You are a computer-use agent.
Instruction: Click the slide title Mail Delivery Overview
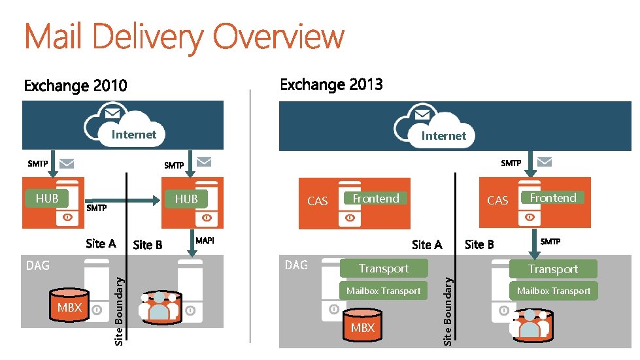(x=184, y=37)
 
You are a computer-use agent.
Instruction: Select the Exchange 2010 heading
(x=75, y=86)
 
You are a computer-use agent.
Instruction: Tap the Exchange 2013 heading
(x=331, y=84)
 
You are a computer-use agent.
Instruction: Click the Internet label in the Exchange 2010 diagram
(x=134, y=135)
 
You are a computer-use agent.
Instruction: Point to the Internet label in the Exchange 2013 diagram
(x=443, y=136)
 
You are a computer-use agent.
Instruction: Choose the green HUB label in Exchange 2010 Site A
(x=47, y=198)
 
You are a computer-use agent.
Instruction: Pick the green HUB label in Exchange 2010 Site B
(x=186, y=199)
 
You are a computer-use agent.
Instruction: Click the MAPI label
(x=205, y=241)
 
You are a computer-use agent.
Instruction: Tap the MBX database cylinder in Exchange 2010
(x=70, y=307)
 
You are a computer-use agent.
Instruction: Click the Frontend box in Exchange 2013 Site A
(x=376, y=198)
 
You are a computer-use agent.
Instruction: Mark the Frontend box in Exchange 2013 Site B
(x=553, y=197)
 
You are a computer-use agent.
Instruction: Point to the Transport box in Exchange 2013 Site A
(x=384, y=269)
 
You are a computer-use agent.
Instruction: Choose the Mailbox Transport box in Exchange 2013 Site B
(x=553, y=291)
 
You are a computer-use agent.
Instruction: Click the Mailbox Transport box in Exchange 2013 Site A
(x=384, y=291)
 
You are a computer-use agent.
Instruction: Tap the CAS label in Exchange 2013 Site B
(x=497, y=201)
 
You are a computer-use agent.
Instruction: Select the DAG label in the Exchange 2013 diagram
(x=296, y=265)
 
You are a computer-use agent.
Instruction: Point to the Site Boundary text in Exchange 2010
(x=119, y=308)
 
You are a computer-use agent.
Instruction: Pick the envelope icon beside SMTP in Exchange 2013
(x=543, y=161)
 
